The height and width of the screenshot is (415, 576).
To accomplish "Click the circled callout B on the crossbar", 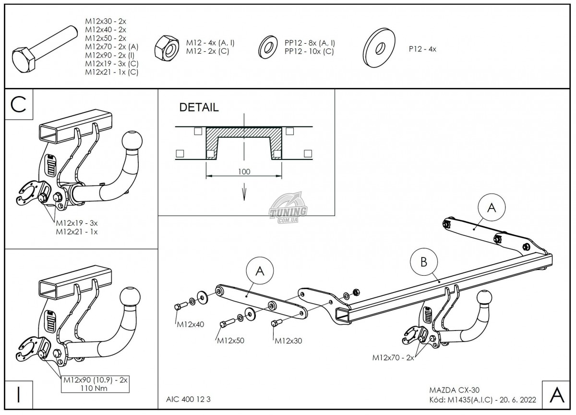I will point(424,262).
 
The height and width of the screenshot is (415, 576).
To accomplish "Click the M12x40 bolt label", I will point(191,324).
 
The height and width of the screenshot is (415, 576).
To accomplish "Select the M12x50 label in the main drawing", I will point(230,341).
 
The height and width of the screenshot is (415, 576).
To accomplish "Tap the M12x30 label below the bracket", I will point(288,341).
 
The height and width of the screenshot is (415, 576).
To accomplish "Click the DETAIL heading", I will point(199,108).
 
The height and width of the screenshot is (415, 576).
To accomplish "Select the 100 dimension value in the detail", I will point(244,171).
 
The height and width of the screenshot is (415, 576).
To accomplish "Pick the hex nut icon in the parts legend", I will point(167,47).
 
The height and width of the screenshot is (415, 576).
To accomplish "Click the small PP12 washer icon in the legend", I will point(267,47).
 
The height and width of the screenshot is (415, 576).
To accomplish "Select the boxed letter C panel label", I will point(19,105).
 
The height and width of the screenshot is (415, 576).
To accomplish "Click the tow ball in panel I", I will point(129,298).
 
